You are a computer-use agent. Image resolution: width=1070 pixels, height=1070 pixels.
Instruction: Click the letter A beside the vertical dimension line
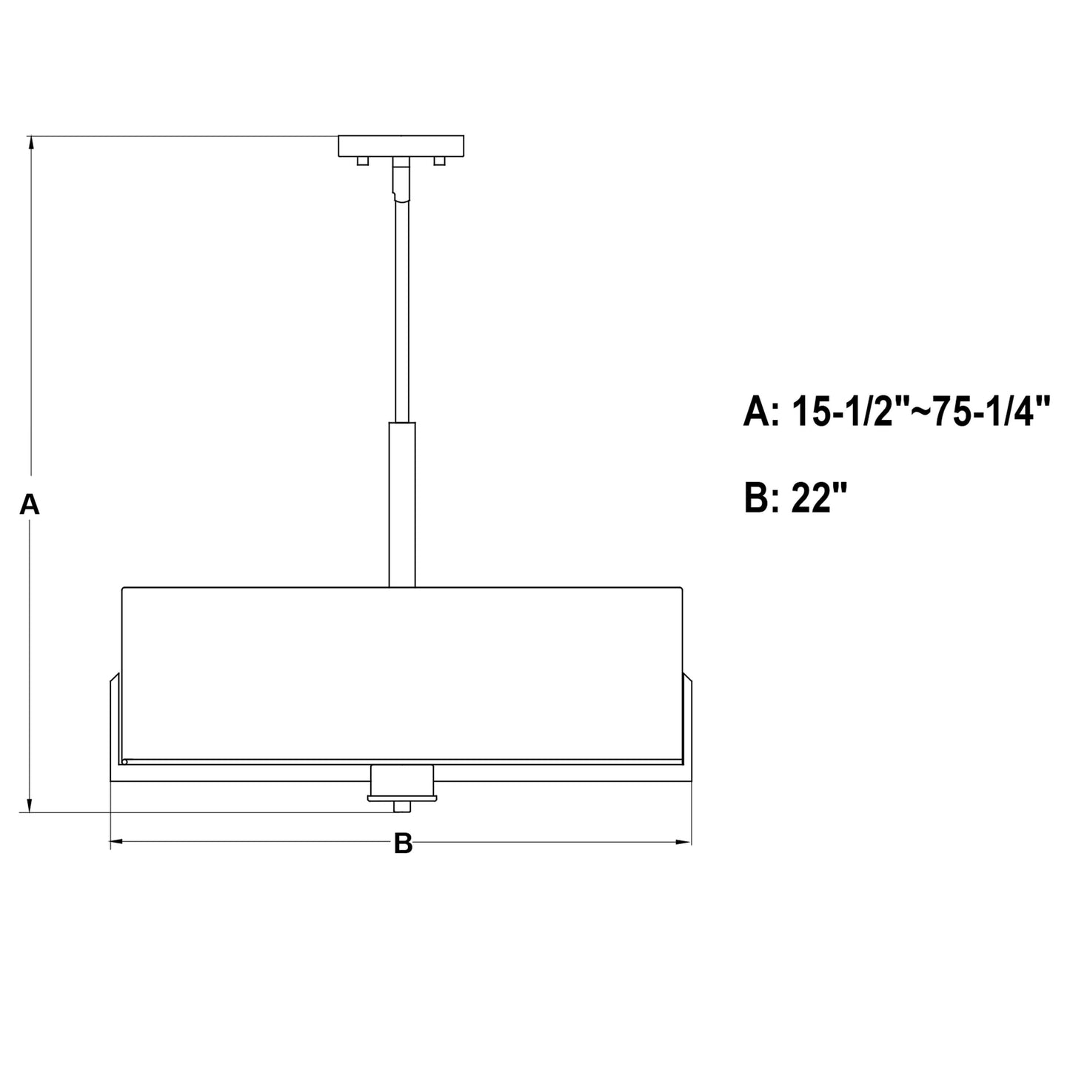click(x=30, y=504)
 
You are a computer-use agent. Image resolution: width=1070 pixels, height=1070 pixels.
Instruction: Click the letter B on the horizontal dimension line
click(x=402, y=843)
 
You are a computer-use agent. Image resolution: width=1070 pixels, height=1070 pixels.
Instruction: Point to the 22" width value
click(x=818, y=498)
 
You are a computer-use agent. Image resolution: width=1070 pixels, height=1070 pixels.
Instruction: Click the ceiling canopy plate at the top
click(x=401, y=146)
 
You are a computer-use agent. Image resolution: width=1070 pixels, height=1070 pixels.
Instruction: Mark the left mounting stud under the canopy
click(x=362, y=161)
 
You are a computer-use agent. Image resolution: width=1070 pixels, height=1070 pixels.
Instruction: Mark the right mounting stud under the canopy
click(x=440, y=161)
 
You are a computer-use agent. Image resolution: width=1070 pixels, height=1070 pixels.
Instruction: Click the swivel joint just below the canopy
click(x=401, y=180)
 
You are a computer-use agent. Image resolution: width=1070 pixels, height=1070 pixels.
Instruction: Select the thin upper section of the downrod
click(x=401, y=311)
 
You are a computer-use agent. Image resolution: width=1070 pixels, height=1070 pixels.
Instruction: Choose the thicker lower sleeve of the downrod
click(x=402, y=504)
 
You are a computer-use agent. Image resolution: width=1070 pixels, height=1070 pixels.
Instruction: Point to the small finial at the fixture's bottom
click(x=402, y=806)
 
